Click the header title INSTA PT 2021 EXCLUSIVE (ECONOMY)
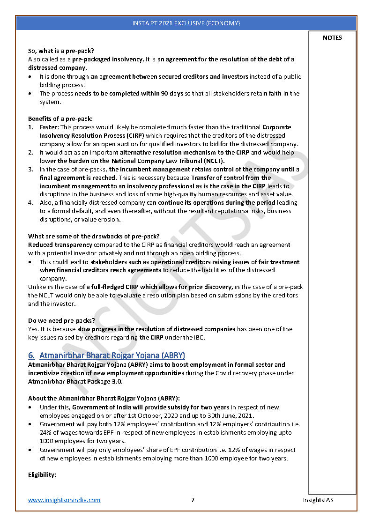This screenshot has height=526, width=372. [186, 23]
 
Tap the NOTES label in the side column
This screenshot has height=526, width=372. [332, 38]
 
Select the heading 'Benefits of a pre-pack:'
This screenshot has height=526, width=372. [60, 119]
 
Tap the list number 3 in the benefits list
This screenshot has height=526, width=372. [30, 170]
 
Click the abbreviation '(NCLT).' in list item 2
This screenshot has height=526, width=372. [211, 161]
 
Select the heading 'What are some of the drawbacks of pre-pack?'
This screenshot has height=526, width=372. [94, 236]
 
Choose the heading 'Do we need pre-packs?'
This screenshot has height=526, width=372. [61, 320]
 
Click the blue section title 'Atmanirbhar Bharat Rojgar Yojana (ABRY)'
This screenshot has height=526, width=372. [112, 356]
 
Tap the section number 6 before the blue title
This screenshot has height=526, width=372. [31, 356]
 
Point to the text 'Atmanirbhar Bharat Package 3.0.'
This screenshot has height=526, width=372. [75, 381]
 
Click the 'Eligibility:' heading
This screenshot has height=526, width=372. [42, 475]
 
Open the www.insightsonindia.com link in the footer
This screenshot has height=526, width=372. [64, 500]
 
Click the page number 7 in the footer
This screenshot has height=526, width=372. [193, 500]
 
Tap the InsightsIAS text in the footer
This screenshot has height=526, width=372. [318, 500]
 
